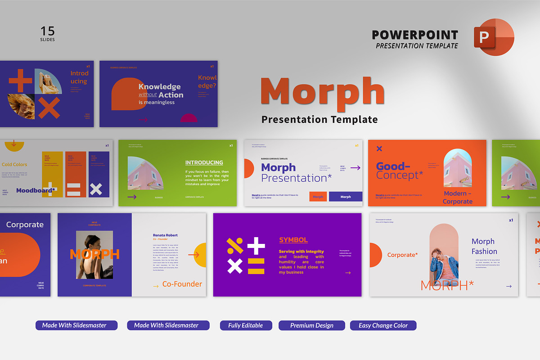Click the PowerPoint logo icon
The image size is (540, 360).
(x=494, y=37)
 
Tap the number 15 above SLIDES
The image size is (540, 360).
(x=47, y=31)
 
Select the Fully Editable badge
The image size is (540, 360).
(x=246, y=325)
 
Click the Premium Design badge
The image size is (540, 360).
(x=311, y=325)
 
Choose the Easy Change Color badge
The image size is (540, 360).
(x=383, y=325)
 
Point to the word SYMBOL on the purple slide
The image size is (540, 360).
(x=293, y=240)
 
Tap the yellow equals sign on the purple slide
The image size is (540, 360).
(x=256, y=266)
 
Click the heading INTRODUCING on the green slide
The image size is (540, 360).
(x=204, y=162)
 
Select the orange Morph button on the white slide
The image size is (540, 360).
(x=318, y=197)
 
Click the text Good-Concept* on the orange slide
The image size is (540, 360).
(x=399, y=171)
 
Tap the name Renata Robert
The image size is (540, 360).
(x=165, y=235)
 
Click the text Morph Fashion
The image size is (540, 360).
(x=484, y=246)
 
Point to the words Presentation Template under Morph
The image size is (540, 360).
(x=319, y=119)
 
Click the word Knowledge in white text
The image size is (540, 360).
(x=159, y=87)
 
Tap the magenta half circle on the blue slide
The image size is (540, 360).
(x=189, y=118)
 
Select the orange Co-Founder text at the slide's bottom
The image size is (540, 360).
(x=182, y=284)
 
